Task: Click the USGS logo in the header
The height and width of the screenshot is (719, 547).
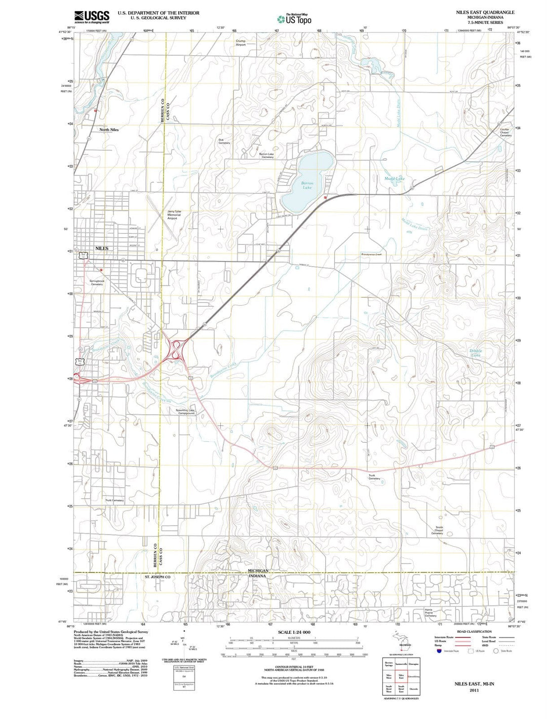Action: (x=92, y=17)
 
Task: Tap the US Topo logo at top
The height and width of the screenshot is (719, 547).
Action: (x=294, y=19)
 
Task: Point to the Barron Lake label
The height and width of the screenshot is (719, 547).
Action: (x=307, y=185)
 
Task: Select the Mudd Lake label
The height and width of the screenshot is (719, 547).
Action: (x=395, y=178)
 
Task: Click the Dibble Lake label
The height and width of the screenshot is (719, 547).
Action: (x=476, y=353)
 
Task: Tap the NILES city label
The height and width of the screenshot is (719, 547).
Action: (x=102, y=248)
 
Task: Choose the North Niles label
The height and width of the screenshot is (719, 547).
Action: (x=108, y=130)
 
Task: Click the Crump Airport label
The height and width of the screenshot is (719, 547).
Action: (x=241, y=43)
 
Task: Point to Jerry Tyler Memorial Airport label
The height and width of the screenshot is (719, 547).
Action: (x=174, y=215)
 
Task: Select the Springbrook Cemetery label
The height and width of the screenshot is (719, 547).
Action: (x=97, y=282)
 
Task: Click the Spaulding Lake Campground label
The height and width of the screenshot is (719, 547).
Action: (x=185, y=412)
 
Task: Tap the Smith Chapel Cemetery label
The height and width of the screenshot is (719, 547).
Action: (x=437, y=530)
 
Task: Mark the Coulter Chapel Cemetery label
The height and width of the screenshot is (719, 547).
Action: (x=505, y=132)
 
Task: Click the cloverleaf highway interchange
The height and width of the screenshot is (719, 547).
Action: (x=176, y=349)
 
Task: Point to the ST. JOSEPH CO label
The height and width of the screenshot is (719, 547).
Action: (x=158, y=577)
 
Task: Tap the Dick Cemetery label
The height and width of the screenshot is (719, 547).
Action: (x=224, y=141)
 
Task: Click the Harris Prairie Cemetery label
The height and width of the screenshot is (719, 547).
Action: (x=430, y=613)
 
